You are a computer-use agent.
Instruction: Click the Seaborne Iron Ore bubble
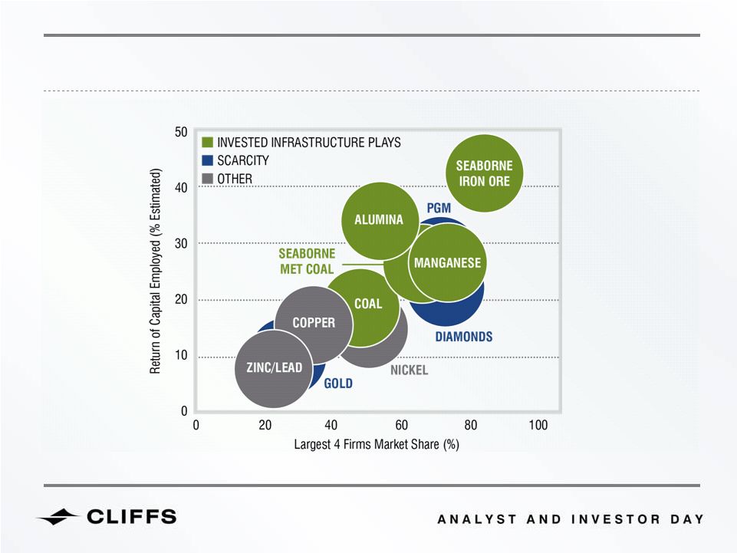[484, 173]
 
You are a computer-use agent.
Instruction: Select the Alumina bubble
[380, 221]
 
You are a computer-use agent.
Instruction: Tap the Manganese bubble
[447, 262]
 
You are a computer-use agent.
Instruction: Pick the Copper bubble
[314, 325]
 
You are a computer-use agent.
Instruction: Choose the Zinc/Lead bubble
[274, 369]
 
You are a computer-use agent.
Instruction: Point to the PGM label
[439, 208]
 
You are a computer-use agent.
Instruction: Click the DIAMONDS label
[464, 337]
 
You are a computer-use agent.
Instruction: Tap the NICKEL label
[410, 370]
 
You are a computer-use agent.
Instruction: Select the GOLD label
[338, 383]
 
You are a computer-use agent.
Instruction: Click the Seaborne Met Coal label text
[307, 262]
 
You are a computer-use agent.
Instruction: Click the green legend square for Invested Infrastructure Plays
[207, 143]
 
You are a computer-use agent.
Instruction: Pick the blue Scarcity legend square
[207, 160]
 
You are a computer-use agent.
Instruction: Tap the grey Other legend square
[207, 179]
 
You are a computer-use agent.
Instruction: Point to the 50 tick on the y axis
[181, 132]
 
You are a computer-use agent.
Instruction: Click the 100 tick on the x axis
[538, 426]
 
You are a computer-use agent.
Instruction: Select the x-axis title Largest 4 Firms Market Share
[377, 444]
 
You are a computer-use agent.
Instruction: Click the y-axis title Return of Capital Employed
[156, 271]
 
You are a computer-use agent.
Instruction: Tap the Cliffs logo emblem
[58, 517]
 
